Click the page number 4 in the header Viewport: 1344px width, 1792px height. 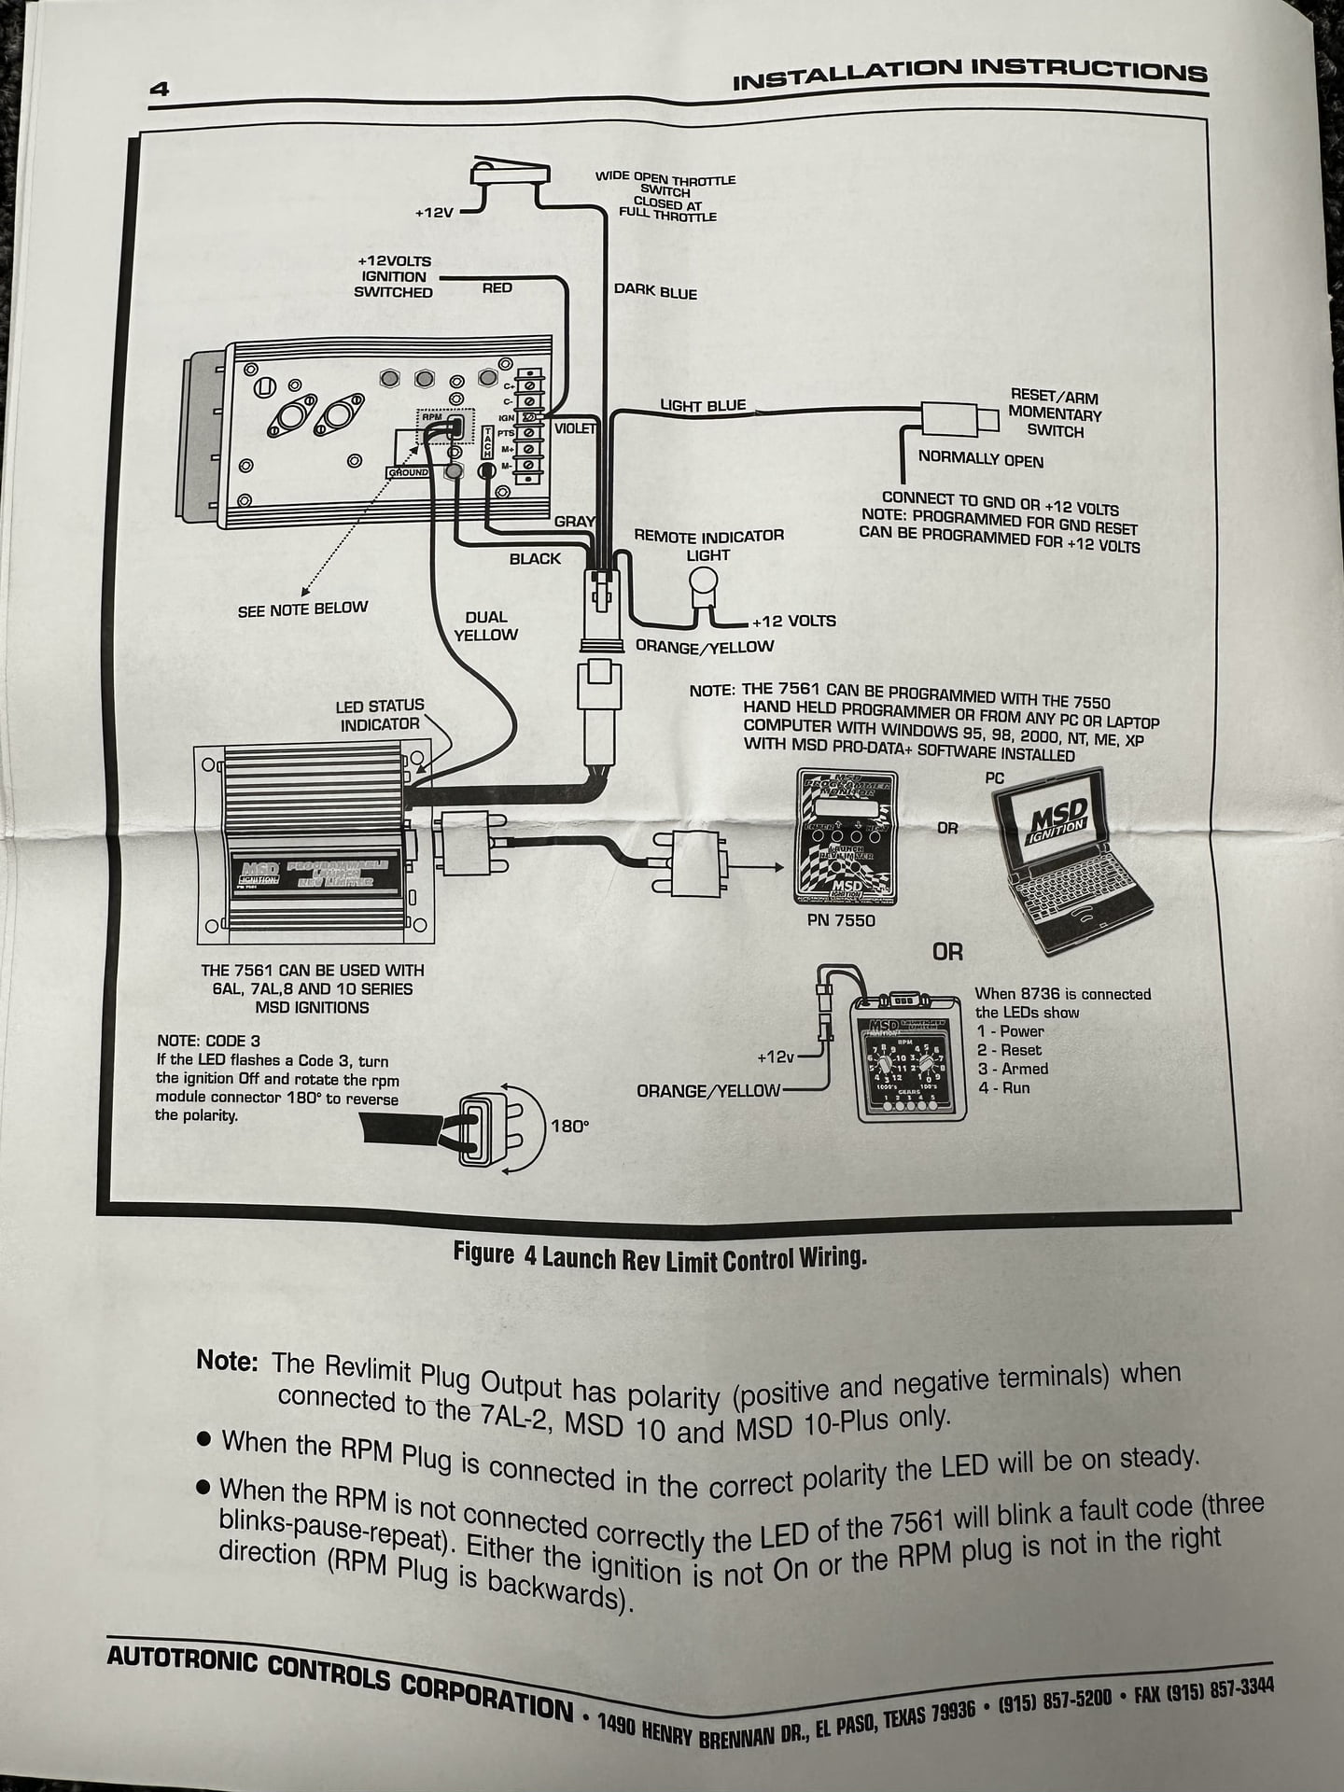159,90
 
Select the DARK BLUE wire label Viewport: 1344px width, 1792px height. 655,291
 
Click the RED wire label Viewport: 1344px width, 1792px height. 497,287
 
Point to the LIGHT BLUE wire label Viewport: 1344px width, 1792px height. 703,405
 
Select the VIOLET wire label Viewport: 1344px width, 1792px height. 575,428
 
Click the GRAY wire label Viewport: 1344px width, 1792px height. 573,521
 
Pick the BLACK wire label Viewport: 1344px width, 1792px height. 535,558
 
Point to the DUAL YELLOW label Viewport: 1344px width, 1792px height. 485,625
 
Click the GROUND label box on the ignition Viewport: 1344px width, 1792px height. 408,472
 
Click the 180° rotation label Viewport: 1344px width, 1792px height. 569,1126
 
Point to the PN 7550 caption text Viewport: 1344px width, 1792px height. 841,920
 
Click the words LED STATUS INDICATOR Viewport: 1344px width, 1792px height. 380,714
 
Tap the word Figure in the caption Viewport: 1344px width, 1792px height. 483,1253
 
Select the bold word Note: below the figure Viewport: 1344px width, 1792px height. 227,1360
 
